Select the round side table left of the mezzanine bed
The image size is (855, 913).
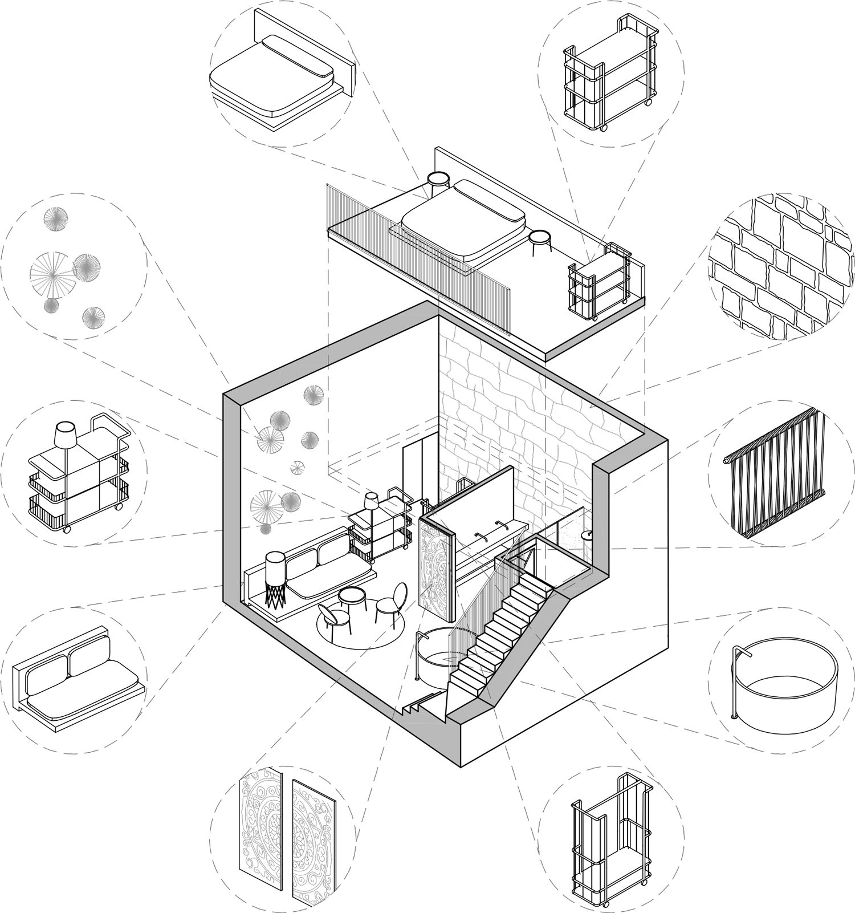click(x=438, y=180)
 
